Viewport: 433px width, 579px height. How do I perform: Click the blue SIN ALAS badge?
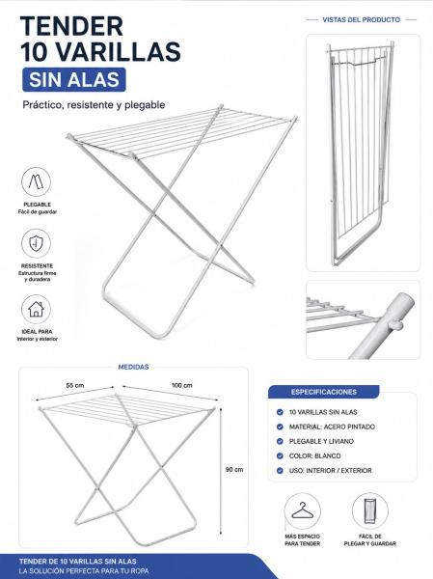point(74,79)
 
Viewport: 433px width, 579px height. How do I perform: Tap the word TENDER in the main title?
point(71,27)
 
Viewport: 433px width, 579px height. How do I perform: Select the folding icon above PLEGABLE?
point(37,181)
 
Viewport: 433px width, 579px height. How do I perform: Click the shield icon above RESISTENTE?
point(37,243)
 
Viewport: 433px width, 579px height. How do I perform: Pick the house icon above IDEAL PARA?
point(37,309)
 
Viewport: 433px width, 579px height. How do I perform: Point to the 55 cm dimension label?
point(75,385)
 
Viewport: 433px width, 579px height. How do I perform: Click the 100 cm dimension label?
point(182,385)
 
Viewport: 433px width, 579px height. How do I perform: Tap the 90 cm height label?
point(234,470)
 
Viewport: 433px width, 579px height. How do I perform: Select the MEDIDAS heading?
point(134,367)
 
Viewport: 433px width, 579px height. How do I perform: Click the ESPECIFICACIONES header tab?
point(324,392)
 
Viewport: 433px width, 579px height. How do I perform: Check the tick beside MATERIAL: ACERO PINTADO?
point(280,427)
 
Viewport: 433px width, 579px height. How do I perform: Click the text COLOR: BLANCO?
point(315,456)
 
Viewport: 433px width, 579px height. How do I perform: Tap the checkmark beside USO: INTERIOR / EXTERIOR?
point(280,471)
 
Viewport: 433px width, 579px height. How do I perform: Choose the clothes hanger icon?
point(302,511)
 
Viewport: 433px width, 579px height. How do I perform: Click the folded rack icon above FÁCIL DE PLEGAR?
point(370,511)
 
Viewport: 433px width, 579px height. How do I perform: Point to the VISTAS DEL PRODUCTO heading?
point(361,20)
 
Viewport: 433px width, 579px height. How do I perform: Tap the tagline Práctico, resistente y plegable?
point(94,105)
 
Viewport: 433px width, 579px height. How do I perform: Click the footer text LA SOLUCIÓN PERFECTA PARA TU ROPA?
point(84,571)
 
